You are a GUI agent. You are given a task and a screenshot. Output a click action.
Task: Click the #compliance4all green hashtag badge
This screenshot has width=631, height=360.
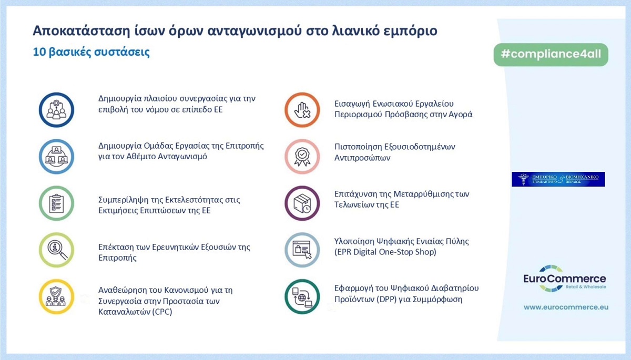(551, 55)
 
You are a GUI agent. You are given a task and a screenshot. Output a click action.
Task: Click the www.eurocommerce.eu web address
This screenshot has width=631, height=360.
(566, 306)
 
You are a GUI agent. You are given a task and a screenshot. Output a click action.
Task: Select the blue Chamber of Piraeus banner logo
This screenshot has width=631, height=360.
(558, 179)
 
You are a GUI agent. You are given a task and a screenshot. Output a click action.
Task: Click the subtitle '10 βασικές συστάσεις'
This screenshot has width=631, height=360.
(91, 53)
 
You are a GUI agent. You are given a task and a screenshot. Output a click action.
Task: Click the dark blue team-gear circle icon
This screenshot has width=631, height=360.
(56, 110)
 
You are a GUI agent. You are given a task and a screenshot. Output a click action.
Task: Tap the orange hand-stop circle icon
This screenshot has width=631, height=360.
(302, 110)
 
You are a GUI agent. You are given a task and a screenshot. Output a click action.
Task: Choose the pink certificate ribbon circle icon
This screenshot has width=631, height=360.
(302, 157)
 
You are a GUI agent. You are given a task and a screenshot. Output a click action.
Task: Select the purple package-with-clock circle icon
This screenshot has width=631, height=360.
(302, 203)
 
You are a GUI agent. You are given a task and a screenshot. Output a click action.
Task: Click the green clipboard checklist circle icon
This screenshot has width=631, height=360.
(56, 203)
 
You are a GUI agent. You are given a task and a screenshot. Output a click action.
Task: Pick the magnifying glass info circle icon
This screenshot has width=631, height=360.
(56, 250)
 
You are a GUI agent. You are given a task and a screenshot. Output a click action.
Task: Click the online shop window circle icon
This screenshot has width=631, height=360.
(302, 250)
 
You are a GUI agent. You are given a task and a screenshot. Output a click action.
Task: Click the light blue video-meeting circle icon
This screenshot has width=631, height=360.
(56, 157)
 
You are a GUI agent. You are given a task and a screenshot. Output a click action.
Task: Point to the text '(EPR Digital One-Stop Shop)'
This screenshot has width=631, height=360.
(385, 252)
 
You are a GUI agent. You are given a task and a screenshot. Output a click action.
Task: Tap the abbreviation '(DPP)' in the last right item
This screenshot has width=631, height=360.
(387, 300)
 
